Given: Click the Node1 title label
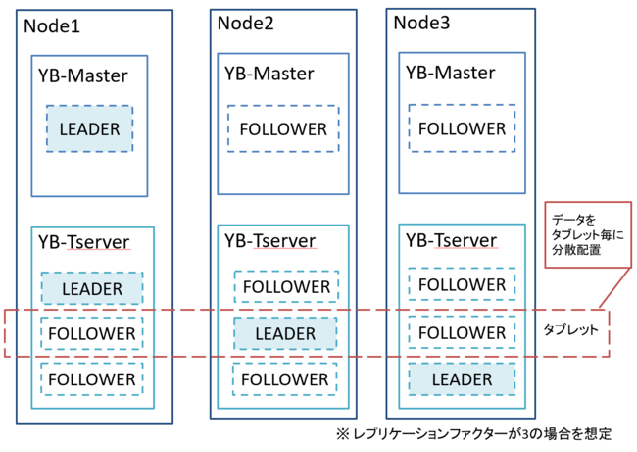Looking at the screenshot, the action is [x=52, y=26].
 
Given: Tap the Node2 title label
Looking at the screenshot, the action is [x=245, y=23].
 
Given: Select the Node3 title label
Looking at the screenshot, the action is [x=421, y=23].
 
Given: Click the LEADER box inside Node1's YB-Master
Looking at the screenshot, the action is [x=89, y=128].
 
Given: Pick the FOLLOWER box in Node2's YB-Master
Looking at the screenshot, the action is [x=283, y=128].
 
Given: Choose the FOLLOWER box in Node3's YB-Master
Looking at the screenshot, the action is [x=462, y=128].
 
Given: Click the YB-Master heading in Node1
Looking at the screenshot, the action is [x=83, y=75].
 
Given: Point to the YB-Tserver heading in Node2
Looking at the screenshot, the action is [x=270, y=241].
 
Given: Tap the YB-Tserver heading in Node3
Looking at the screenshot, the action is [x=452, y=240].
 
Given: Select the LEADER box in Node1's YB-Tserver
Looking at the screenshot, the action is [x=92, y=288].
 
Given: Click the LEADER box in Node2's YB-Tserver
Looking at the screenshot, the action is [x=285, y=333].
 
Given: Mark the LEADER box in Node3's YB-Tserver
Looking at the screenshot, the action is [x=462, y=379].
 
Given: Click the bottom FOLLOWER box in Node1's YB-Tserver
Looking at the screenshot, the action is [x=92, y=379].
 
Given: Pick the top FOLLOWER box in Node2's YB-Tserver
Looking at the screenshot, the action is [x=286, y=286].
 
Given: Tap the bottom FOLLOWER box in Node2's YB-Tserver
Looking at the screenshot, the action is [x=285, y=379].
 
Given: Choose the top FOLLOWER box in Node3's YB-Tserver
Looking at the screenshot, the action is [x=462, y=284].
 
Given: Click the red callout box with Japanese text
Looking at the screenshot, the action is [x=588, y=235].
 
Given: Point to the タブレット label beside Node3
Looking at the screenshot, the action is [x=570, y=329].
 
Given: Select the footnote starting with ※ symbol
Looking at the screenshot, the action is [x=473, y=433].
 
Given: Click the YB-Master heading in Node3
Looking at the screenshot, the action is [x=451, y=73].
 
